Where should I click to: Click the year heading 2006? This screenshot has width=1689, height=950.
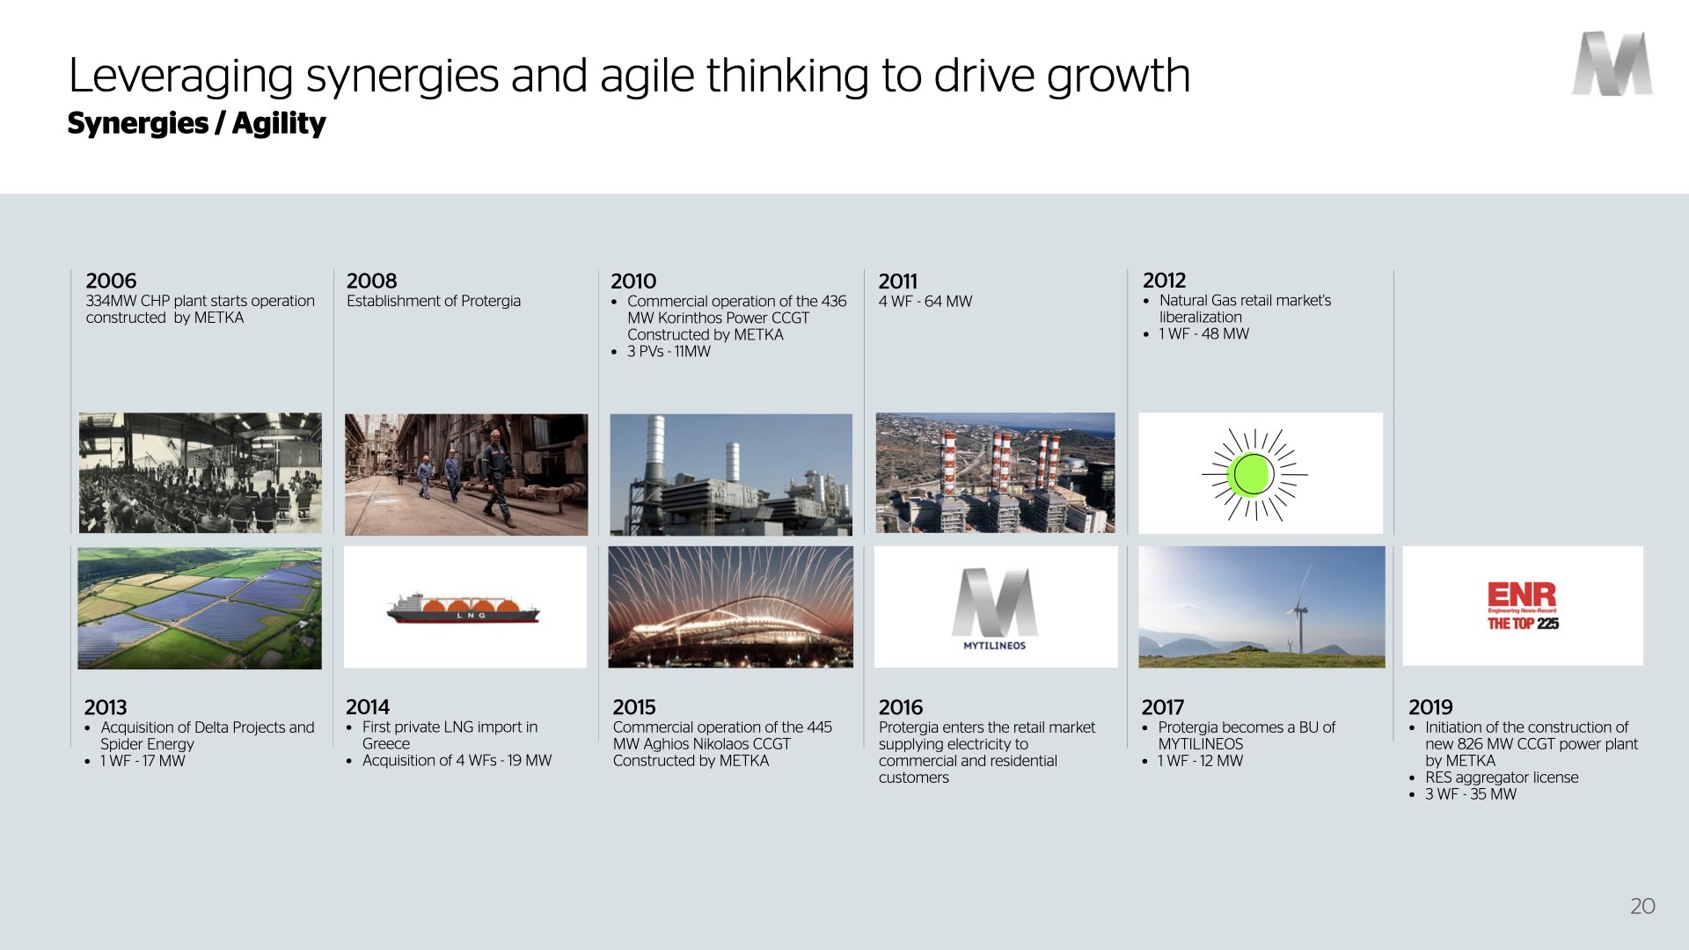[x=111, y=281]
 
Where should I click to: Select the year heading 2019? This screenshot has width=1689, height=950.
[x=1430, y=707]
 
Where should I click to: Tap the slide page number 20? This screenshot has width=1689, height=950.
[x=1642, y=906]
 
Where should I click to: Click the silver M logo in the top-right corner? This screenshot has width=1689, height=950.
[x=1612, y=63]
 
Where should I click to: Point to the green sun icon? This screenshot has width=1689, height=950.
[x=1254, y=474]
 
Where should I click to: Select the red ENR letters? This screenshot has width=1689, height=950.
[x=1522, y=595]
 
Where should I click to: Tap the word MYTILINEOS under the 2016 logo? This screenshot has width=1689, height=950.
[x=994, y=646]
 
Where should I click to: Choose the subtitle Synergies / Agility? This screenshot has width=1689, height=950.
[x=196, y=123]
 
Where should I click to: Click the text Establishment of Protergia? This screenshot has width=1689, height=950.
[x=434, y=301]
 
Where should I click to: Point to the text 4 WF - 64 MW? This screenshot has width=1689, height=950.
[x=925, y=301]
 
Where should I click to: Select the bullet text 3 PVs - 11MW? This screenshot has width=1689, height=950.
[x=669, y=351]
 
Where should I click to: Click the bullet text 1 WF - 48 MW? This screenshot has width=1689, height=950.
[x=1204, y=333]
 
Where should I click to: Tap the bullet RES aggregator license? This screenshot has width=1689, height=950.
[x=1502, y=778]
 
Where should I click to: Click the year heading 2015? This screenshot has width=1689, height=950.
[x=634, y=707]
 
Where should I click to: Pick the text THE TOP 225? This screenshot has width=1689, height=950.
[x=1523, y=624]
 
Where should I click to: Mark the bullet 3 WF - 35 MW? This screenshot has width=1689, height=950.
[x=1471, y=794]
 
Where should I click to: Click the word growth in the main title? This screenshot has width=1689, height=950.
[x=1118, y=77]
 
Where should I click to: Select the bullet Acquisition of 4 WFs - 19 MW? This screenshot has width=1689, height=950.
[x=457, y=760]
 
